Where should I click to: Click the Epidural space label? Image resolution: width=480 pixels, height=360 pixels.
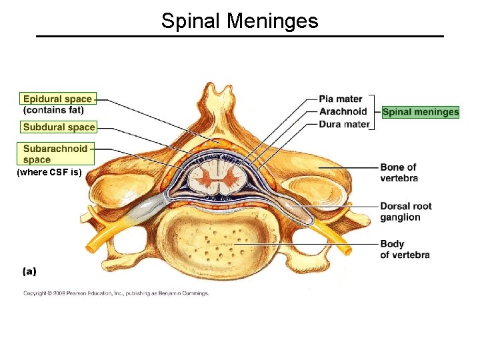click(57, 99)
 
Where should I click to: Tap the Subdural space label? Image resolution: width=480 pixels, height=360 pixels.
click(59, 127)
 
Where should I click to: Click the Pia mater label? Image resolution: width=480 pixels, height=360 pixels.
click(340, 99)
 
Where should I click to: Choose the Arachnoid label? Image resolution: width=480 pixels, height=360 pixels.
click(343, 111)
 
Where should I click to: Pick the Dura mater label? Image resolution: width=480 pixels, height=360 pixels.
click(344, 124)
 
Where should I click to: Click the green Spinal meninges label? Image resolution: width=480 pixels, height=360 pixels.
click(420, 112)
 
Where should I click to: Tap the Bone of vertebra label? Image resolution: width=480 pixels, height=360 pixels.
click(399, 172)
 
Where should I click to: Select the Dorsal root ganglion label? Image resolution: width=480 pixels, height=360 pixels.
click(405, 211)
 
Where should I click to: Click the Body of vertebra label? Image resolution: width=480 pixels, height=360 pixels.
click(405, 249)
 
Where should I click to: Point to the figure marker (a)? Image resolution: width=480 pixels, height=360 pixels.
click(30, 271)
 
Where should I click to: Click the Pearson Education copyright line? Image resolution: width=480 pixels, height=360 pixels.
click(117, 293)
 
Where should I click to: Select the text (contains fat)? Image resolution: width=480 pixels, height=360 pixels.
click(53, 109)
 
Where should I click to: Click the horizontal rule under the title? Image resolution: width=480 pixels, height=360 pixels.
click(240, 36)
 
